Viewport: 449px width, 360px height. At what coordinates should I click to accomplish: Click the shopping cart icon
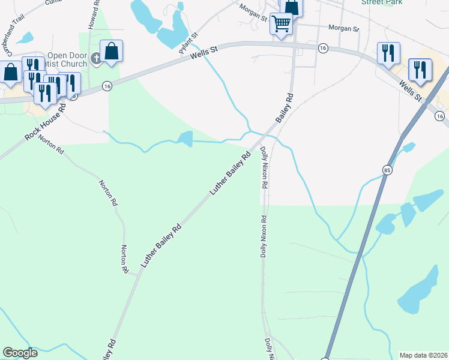click(x=281, y=25)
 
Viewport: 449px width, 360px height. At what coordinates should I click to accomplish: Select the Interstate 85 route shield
click(x=385, y=171)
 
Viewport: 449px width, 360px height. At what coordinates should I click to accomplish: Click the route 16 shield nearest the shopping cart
click(x=323, y=48)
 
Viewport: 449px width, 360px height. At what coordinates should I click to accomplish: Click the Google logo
click(x=20, y=353)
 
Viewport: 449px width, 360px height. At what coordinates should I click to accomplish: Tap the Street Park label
click(x=381, y=2)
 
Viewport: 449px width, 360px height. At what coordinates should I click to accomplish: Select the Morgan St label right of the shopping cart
click(x=343, y=28)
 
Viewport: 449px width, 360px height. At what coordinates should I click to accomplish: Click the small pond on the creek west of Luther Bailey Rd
click(x=185, y=139)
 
